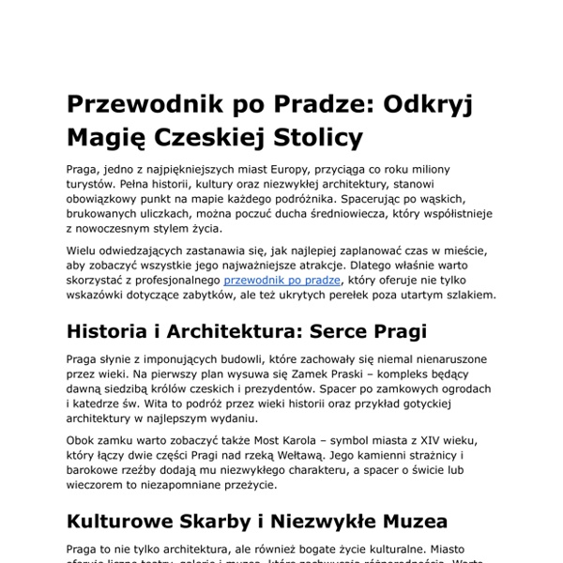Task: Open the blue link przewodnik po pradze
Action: click(x=282, y=280)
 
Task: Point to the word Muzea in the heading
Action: click(x=408, y=522)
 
